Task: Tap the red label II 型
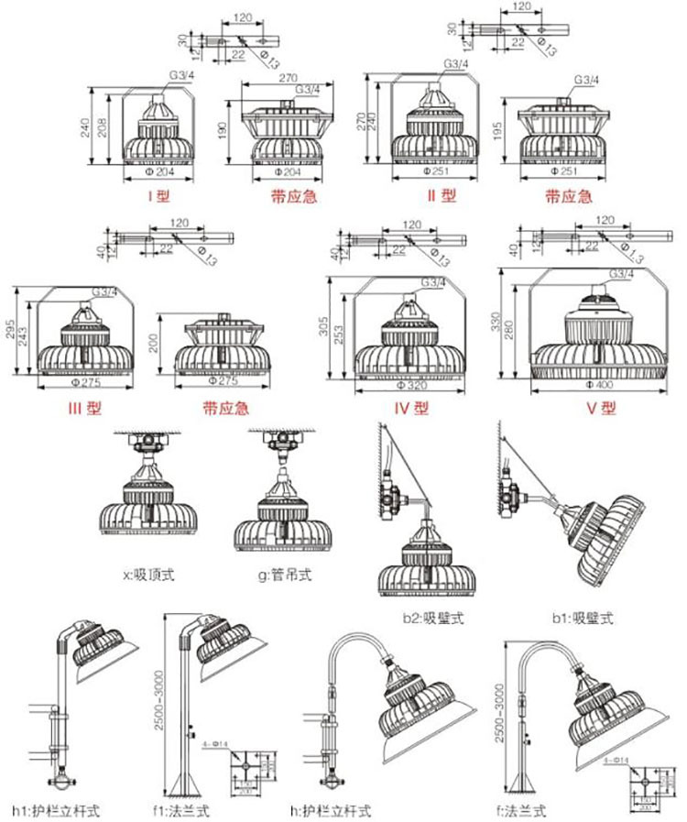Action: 442,195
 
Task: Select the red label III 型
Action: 82,409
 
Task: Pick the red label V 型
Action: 603,409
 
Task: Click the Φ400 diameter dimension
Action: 599,386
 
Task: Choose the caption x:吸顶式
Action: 147,575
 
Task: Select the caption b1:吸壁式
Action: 582,618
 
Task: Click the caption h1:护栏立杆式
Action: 55,811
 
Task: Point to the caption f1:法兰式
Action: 182,811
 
